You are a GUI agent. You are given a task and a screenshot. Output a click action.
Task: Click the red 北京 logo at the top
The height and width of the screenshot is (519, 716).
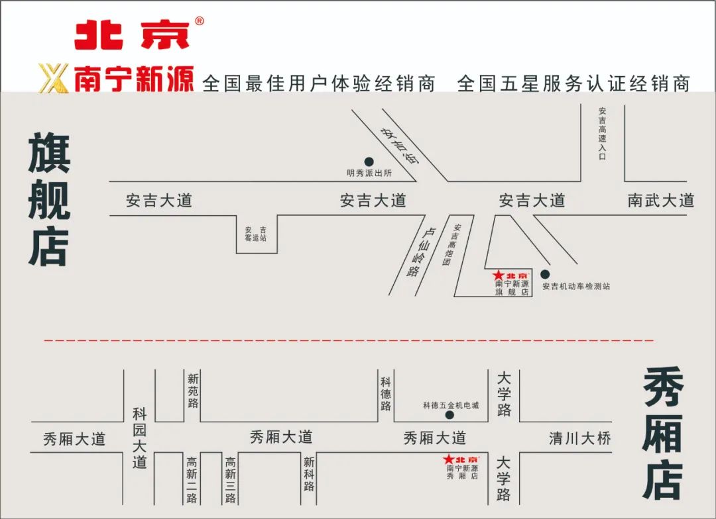coord(132,34)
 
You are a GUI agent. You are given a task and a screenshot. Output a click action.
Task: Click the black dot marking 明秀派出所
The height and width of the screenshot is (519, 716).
coord(369,162)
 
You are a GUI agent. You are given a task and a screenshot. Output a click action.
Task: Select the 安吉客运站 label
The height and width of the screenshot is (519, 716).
coord(255,233)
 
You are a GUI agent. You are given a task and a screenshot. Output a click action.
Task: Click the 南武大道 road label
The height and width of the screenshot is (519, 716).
coord(660,200)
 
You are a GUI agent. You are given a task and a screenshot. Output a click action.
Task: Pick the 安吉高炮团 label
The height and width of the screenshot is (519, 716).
coord(451,245)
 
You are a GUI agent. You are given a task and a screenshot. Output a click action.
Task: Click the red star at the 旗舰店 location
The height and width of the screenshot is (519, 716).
coord(499,275)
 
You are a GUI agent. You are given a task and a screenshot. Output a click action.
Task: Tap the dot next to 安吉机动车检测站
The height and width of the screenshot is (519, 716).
coord(545,274)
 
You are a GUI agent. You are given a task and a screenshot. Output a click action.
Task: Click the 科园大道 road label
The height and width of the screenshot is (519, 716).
coord(139,438)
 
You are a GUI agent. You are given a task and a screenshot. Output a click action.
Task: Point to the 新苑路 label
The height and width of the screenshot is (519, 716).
coord(193,391)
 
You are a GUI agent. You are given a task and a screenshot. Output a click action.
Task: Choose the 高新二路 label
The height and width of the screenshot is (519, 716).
coord(192,480)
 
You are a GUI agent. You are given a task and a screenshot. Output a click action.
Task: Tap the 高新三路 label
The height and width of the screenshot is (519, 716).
coord(230,480)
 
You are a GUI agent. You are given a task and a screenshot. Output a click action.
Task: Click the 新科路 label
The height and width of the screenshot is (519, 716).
coord(309,474)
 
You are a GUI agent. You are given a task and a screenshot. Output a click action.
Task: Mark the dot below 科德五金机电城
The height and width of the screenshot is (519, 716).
coord(449,415)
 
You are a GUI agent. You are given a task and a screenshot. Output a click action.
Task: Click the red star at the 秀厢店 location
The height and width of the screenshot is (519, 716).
coord(449,459)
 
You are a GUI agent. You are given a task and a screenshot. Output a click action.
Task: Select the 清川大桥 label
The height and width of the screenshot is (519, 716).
coord(579,438)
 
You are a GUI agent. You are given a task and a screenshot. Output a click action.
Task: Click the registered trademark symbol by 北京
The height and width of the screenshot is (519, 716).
coord(199,21)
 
